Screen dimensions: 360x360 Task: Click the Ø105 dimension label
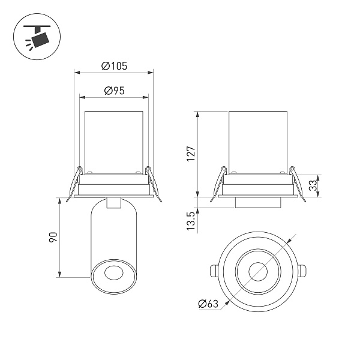pos(114,66)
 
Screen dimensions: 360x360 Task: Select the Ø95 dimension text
pos(114,91)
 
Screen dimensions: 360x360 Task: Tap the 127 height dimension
pos(191,154)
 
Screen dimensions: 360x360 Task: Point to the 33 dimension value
pos(313,185)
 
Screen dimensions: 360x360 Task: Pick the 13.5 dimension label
pos(191,221)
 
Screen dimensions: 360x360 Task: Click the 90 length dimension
pos(53,238)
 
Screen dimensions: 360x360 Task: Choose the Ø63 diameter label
pos(208,304)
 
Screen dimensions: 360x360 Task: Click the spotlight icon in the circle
pos(37,37)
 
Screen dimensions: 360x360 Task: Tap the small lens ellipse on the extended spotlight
pos(113,273)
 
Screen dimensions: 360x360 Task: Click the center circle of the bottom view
pos(258,271)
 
